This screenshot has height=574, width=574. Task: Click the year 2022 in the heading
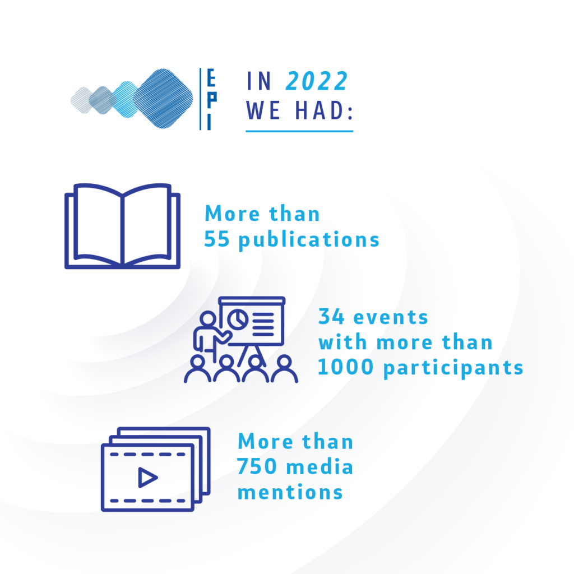click(x=317, y=81)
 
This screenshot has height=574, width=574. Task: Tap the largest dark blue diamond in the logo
click(x=163, y=99)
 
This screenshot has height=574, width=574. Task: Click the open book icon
click(x=122, y=226)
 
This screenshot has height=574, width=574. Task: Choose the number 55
click(x=217, y=239)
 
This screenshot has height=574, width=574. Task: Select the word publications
click(x=309, y=241)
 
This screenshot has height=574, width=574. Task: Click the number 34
click(x=331, y=317)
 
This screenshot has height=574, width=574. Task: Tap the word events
click(x=391, y=318)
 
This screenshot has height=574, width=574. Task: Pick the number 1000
click(x=345, y=367)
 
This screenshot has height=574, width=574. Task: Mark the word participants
click(x=453, y=368)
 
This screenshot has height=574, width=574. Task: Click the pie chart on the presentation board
click(x=238, y=319)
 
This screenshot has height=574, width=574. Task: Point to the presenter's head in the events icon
click(x=208, y=318)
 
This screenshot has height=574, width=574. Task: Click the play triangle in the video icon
click(x=147, y=478)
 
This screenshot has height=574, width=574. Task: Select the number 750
click(x=257, y=467)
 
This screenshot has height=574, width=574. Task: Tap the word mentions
click(x=290, y=492)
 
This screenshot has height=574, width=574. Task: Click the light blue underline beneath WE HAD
click(x=299, y=131)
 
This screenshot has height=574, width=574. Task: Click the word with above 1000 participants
click(x=342, y=342)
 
